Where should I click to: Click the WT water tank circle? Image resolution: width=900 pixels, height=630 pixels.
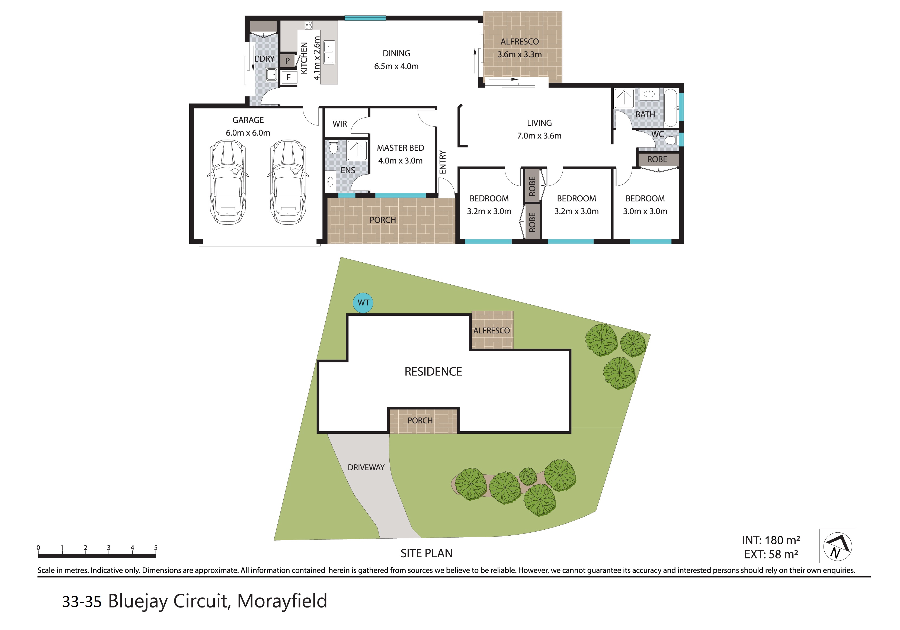pyautogui.click(x=363, y=303)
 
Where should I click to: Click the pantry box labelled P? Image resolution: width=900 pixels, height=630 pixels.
pyautogui.click(x=288, y=61)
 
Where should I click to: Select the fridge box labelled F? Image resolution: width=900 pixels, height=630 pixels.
pyautogui.click(x=289, y=77)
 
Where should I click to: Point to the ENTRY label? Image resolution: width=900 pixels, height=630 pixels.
pyautogui.click(x=443, y=162)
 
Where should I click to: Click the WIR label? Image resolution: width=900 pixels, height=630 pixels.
pyautogui.click(x=340, y=124)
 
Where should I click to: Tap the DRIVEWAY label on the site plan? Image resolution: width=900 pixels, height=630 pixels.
pyautogui.click(x=366, y=467)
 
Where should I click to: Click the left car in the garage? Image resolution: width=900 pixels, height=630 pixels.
pyautogui.click(x=228, y=182)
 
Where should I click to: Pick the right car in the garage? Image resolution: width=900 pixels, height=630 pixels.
pyautogui.click(x=288, y=182)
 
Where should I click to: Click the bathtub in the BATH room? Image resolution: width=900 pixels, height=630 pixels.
pyautogui.click(x=671, y=108)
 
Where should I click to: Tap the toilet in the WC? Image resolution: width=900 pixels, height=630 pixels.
pyautogui.click(x=671, y=140)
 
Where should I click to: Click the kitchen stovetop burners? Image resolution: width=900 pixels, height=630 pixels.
pyautogui.click(x=309, y=25)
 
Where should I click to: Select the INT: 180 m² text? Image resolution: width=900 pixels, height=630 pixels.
pyautogui.click(x=771, y=540)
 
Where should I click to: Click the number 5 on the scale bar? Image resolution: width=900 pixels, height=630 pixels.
pyautogui.click(x=156, y=548)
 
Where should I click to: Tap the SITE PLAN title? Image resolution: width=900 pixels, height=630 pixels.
pyautogui.click(x=427, y=553)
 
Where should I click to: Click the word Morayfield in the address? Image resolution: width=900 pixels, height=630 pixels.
pyautogui.click(x=282, y=601)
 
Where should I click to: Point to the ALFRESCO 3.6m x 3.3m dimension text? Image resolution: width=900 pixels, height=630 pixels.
pyautogui.click(x=520, y=54)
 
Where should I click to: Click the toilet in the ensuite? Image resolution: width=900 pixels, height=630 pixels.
pyautogui.click(x=334, y=147)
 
